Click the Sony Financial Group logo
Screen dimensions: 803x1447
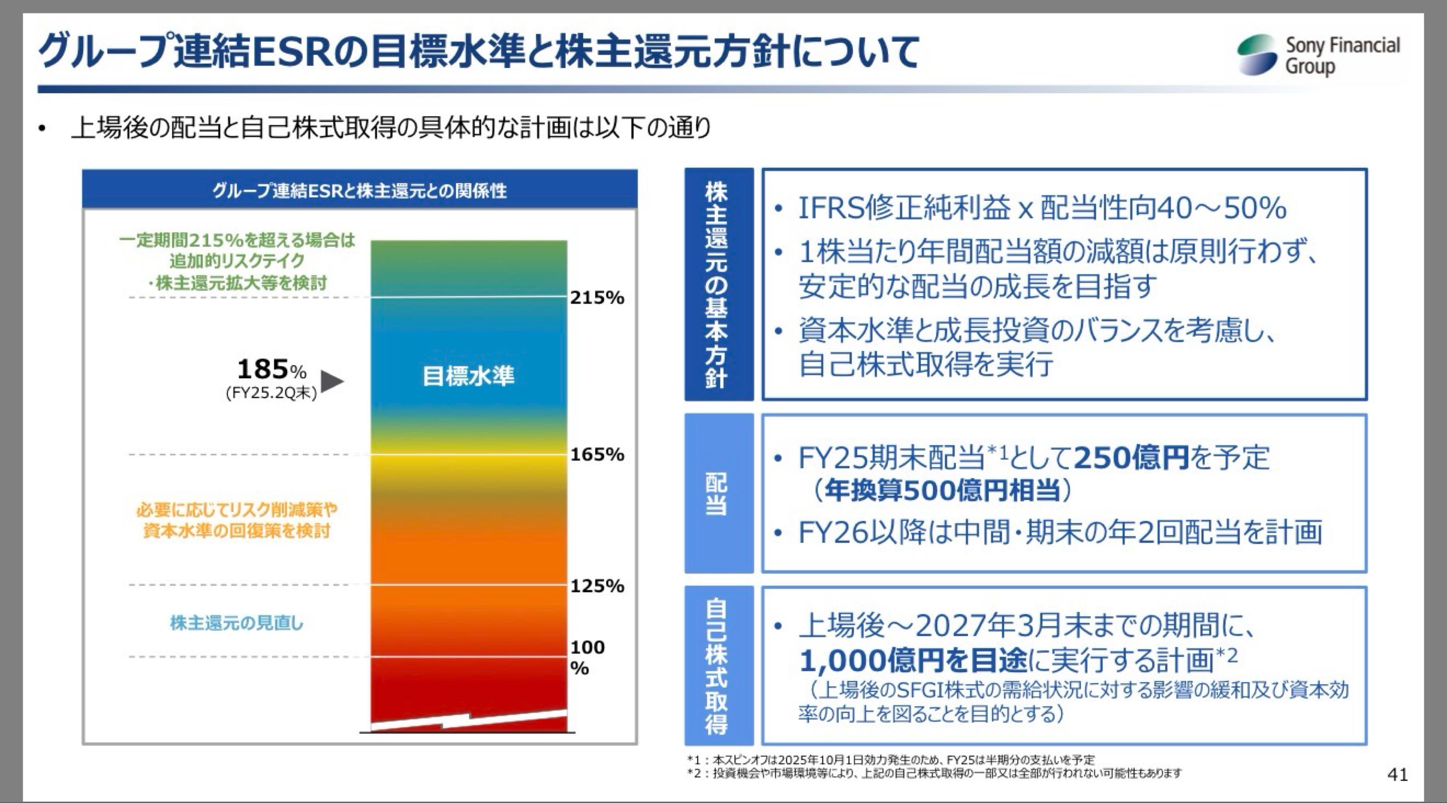[x=1317, y=55]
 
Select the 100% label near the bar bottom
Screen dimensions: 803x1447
[x=587, y=657]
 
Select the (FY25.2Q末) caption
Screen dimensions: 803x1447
[x=271, y=393]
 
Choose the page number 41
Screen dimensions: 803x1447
[x=1398, y=775]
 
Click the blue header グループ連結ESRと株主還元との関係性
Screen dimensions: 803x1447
[x=359, y=191]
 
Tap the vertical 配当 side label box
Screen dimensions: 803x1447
[x=718, y=493]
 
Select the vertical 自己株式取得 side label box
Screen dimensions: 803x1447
[x=718, y=666]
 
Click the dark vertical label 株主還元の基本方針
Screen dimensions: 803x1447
[x=718, y=284]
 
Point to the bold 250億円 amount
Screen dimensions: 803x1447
[x=1131, y=458]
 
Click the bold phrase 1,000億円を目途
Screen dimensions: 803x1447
[x=912, y=661]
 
